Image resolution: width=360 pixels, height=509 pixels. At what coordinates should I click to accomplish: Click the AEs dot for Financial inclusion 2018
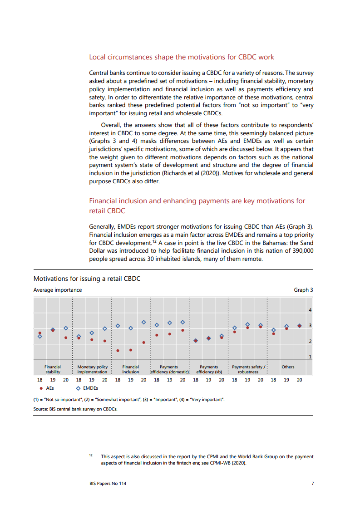[118, 350]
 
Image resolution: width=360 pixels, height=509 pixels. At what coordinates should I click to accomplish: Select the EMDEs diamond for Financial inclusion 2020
[143, 322]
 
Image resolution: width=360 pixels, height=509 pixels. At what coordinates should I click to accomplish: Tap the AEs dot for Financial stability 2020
[66, 338]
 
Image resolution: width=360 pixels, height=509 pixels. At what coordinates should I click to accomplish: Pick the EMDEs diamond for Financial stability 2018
[40, 336]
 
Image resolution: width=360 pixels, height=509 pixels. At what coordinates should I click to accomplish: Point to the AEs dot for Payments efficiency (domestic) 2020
[182, 330]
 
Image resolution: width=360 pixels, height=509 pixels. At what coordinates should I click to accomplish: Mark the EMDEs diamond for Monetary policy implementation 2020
[104, 328]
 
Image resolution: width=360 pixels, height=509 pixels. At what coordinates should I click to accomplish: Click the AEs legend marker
[41, 388]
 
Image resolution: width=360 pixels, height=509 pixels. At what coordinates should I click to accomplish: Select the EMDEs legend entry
[88, 388]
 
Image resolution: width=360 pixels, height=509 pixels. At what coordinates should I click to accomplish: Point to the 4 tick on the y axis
[310, 310]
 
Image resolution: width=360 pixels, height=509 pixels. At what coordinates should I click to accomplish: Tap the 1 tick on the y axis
[310, 357]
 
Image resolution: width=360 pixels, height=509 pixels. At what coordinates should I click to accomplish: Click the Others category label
[288, 367]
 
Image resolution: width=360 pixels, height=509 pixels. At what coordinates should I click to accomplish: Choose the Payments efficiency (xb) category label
[209, 369]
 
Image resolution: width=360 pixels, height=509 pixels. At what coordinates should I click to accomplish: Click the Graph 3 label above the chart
[304, 290]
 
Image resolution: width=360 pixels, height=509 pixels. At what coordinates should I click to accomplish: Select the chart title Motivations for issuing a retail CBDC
[87, 279]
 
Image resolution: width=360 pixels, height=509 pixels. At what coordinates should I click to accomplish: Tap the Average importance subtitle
[58, 290]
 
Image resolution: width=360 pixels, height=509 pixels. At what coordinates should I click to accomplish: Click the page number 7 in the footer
[312, 484]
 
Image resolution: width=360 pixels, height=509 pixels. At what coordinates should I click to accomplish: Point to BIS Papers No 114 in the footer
[108, 484]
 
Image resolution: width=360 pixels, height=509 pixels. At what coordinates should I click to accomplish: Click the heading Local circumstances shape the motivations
[182, 57]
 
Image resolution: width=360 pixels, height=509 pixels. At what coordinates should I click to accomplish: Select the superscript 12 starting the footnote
[91, 455]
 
